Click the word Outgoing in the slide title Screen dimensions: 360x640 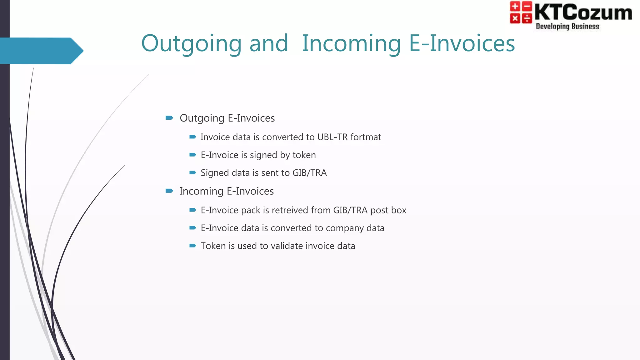click(x=191, y=44)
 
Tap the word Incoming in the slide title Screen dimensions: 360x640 click(x=351, y=44)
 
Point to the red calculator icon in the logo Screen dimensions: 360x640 click(x=521, y=12)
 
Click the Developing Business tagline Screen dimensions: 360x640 click(x=567, y=27)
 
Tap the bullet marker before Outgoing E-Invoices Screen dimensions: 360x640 click(x=169, y=118)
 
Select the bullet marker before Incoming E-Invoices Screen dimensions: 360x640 click(x=169, y=191)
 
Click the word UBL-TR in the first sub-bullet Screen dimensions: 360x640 click(x=332, y=137)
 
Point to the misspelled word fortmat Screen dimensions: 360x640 click(x=366, y=137)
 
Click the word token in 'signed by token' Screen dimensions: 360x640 click(x=304, y=155)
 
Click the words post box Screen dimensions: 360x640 click(x=388, y=210)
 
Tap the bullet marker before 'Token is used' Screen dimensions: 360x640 click(x=193, y=246)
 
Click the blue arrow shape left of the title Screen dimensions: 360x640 click(x=41, y=51)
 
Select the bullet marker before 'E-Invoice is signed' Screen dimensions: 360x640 click(x=193, y=155)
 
